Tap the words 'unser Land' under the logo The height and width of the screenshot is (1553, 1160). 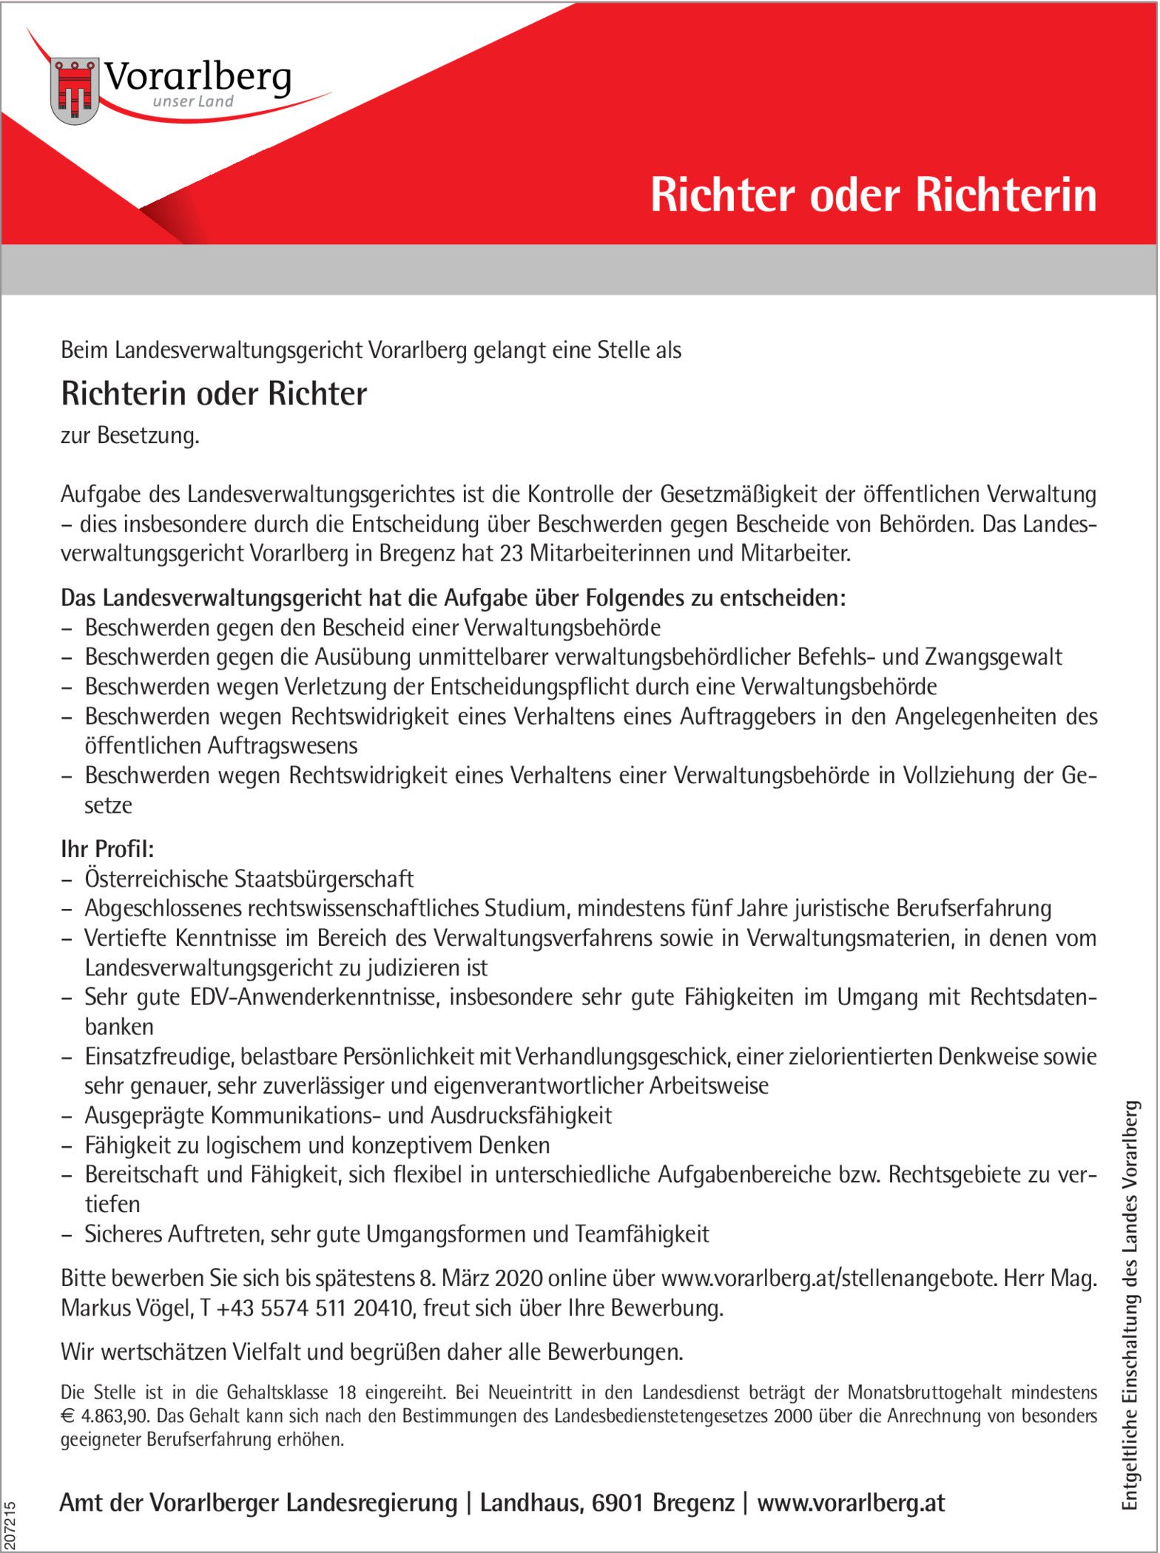pyautogui.click(x=192, y=102)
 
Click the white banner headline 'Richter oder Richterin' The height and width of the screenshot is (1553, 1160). pyautogui.click(x=873, y=196)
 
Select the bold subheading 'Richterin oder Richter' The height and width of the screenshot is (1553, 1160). pyautogui.click(x=214, y=394)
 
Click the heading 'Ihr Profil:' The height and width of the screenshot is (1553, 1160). pyautogui.click(x=107, y=849)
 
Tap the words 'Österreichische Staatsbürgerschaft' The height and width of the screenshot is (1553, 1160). pyautogui.click(x=249, y=879)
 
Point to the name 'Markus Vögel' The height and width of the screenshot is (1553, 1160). pyautogui.click(x=127, y=1308)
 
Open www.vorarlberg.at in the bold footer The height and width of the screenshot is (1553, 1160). pyautogui.click(x=851, y=1503)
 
